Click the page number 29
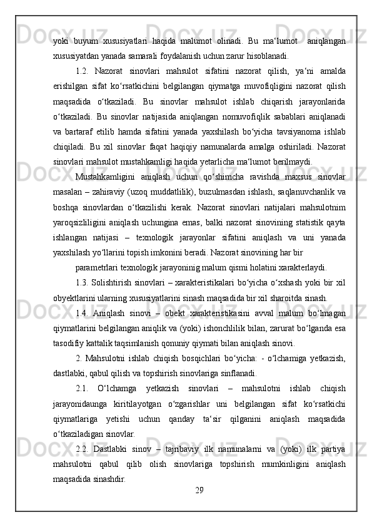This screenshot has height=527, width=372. click(x=199, y=488)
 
